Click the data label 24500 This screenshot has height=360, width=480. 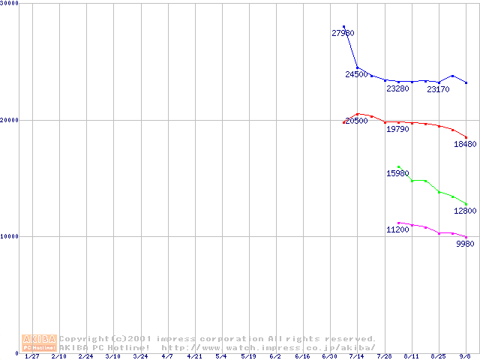pyautogui.click(x=356, y=74)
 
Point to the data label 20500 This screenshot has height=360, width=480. pyautogui.click(x=356, y=121)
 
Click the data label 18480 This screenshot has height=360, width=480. pyautogui.click(x=465, y=144)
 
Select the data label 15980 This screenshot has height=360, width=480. pyautogui.click(x=397, y=173)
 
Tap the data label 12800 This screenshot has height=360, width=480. pyautogui.click(x=465, y=211)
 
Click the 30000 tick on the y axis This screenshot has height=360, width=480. pyautogui.click(x=10, y=4)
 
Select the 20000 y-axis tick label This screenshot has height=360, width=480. pyautogui.click(x=10, y=120)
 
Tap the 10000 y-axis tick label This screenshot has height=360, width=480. pyautogui.click(x=10, y=236)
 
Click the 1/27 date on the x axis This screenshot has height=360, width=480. pyautogui.click(x=31, y=356)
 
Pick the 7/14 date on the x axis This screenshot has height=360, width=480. pyautogui.click(x=357, y=356)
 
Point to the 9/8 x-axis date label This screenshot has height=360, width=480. pyautogui.click(x=466, y=356)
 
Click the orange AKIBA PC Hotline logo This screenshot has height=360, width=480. pyautogui.click(x=39, y=343)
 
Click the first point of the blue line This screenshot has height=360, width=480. pyautogui.click(x=343, y=27)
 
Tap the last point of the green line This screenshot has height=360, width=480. pyautogui.click(x=466, y=204)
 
